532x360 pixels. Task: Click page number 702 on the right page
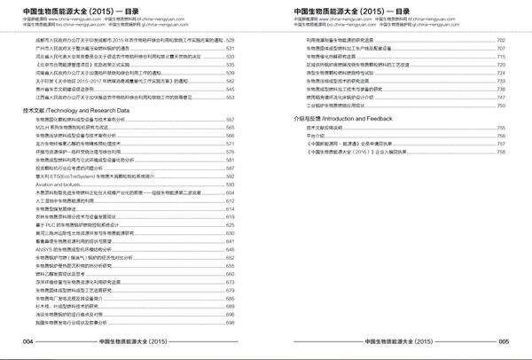(x=501, y=41)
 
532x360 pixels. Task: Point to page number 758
(x=501, y=151)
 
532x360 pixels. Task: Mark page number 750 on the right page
(x=501, y=105)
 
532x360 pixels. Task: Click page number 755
(x=501, y=127)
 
